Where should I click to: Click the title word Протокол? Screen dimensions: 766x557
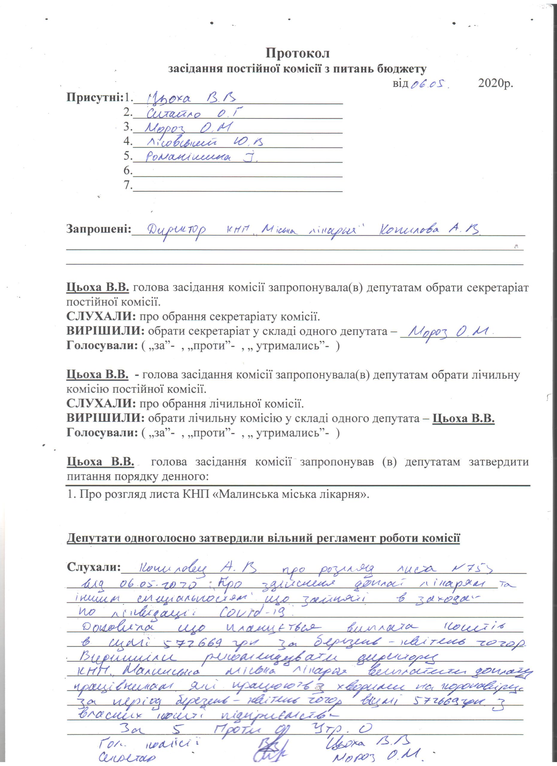[297, 53]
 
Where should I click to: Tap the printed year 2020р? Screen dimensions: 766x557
[496, 83]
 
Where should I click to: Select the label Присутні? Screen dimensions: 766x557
[95, 98]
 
